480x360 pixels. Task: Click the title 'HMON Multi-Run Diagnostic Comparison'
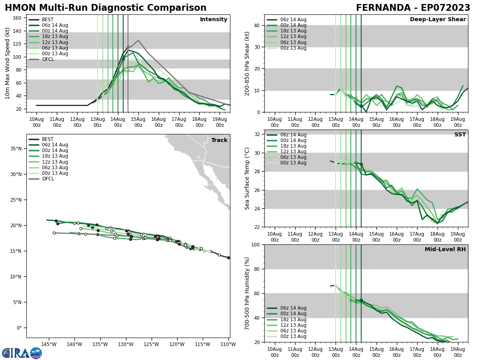106,8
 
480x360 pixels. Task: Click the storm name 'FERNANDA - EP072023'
413,8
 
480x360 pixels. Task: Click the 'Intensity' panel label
214,20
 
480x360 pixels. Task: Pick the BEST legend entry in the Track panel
48,139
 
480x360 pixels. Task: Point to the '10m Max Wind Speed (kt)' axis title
8,63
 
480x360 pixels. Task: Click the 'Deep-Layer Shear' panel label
438,20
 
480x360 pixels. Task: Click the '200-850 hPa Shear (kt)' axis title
248,63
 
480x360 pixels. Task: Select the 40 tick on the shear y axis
257,25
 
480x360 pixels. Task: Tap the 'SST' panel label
460,135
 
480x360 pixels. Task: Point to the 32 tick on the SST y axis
257,134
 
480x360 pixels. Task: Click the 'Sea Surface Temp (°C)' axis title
248,178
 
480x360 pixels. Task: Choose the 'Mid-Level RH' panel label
445,250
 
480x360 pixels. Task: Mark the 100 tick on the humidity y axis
255,244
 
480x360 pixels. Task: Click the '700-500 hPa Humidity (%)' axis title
248,293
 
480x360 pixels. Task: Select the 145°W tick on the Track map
49,344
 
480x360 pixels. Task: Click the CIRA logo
22,353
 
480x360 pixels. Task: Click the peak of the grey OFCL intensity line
138,40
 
